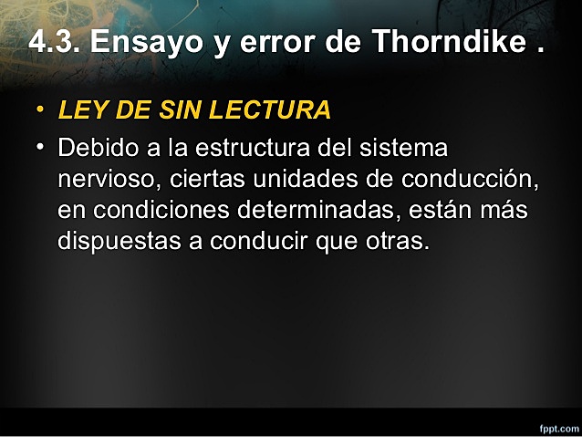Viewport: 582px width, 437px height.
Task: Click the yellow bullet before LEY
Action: pos(39,111)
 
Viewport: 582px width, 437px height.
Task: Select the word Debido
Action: pos(96,148)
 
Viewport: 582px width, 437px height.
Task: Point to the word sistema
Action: pos(401,148)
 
